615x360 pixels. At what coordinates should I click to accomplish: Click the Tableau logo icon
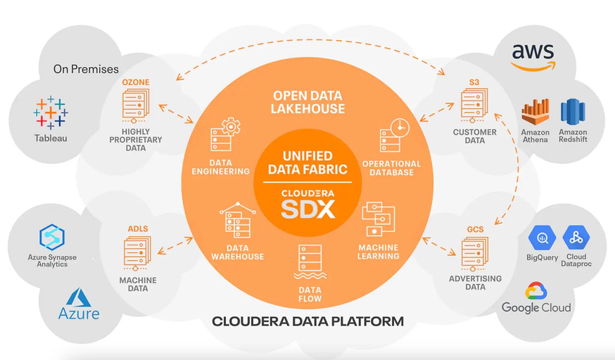(51, 112)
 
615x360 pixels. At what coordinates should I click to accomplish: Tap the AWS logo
(533, 57)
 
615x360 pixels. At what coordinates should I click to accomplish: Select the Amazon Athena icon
(535, 112)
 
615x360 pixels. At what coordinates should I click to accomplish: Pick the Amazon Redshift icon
(573, 112)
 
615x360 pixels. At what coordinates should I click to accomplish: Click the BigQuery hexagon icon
(542, 238)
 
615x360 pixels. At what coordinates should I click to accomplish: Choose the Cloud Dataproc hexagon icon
(576, 238)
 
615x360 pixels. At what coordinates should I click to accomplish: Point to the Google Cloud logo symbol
(536, 290)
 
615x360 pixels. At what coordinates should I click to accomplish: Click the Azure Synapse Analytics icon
(52, 237)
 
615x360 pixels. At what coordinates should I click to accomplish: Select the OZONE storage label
(136, 82)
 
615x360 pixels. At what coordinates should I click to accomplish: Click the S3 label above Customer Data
(474, 82)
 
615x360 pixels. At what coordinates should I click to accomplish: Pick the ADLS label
(138, 229)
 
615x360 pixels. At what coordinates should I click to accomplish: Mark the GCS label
(475, 229)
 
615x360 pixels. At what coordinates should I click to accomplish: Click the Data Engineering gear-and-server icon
(225, 134)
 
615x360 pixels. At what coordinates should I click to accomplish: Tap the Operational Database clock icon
(394, 135)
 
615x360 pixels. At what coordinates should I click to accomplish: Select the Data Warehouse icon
(238, 220)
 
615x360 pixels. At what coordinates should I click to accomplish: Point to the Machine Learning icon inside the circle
(378, 219)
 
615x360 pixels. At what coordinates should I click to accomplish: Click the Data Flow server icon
(310, 262)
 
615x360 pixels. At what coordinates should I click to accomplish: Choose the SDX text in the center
(308, 210)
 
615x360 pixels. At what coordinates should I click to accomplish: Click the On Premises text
(86, 70)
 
